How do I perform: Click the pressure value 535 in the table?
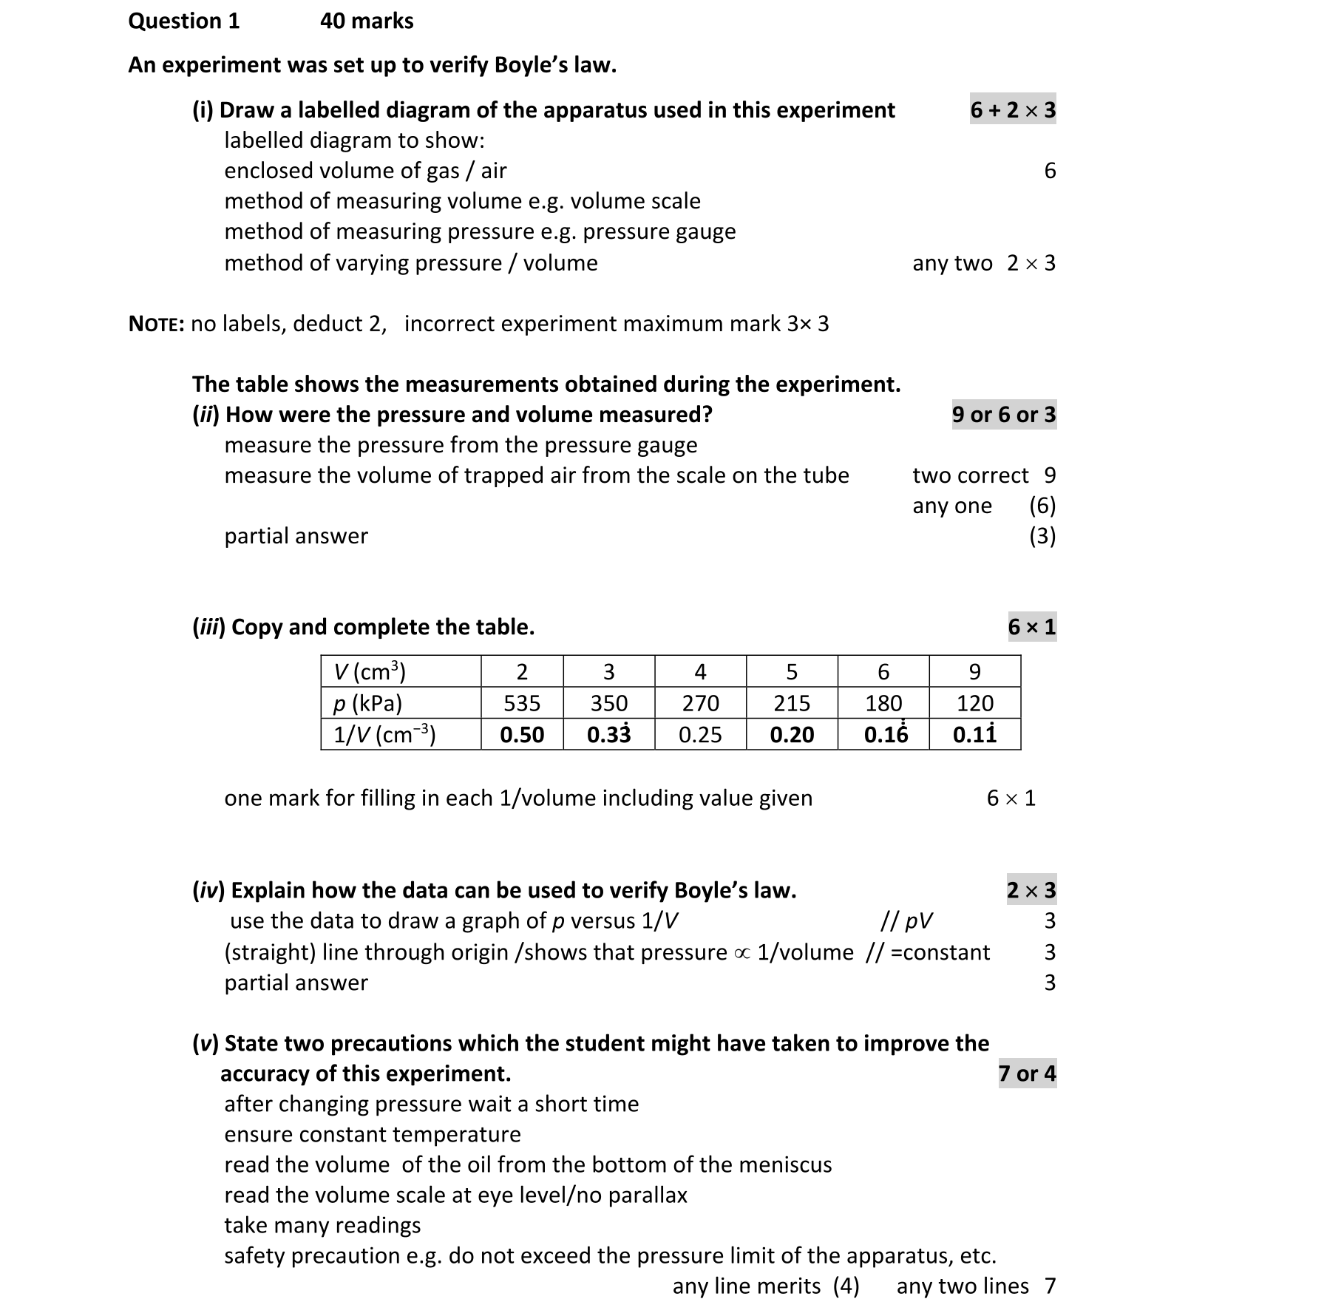[x=522, y=703]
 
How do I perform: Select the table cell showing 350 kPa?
[x=608, y=703]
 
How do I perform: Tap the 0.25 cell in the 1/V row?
[x=699, y=734]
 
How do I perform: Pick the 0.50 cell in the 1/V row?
[x=522, y=734]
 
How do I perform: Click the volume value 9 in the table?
[x=974, y=671]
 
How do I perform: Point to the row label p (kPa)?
[x=367, y=703]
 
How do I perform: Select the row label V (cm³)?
[x=370, y=671]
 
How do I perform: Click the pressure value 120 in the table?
[x=974, y=703]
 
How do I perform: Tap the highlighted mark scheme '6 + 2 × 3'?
[x=1013, y=110]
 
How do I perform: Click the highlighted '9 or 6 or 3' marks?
[x=1004, y=415]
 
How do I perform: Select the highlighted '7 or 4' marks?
[x=1027, y=1074]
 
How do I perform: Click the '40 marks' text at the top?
[x=367, y=21]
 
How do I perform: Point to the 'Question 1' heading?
[x=184, y=21]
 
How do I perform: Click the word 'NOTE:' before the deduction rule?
[x=156, y=324]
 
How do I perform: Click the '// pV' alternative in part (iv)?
[x=906, y=921]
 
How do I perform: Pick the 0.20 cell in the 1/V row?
[x=792, y=734]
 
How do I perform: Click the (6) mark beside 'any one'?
[x=1042, y=506]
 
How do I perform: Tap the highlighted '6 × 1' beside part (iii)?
[x=1032, y=627]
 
